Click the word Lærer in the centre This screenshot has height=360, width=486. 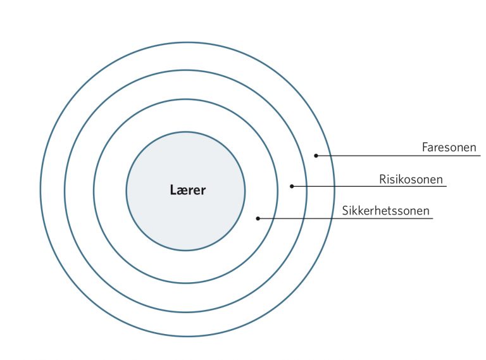coord(188,190)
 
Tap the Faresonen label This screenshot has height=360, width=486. coord(449,147)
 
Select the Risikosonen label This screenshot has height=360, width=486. coord(411,180)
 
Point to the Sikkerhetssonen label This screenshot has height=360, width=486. coord(386,211)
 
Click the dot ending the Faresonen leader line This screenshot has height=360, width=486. coord(316,156)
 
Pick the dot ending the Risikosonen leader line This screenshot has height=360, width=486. coord(292,186)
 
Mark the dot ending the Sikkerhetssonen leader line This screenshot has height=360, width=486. coord(258,218)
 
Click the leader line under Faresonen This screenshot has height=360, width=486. coord(398,156)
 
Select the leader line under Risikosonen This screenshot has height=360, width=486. coord(369,186)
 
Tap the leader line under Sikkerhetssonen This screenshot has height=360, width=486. coord(346,218)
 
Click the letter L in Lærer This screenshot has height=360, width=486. coord(173,190)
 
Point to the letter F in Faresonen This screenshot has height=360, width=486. coord(425,147)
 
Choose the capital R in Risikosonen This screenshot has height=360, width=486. coord(382,180)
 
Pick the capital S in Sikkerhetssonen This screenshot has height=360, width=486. coord(346,211)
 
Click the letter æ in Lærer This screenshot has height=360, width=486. coord(182,191)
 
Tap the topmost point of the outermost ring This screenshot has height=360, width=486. coord(187,42)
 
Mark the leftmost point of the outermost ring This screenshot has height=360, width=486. coord(40,189)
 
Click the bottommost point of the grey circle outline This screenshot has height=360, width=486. coord(186,250)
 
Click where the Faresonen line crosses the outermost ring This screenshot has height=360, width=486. coord(331,156)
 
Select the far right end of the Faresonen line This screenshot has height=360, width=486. coord(480,156)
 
